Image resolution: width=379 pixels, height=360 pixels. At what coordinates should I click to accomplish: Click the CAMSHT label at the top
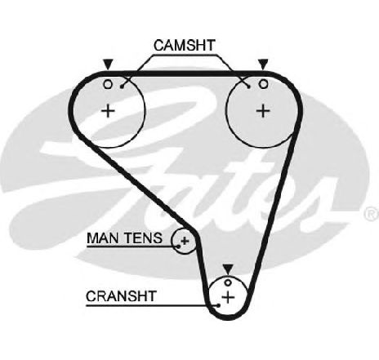tap(185, 46)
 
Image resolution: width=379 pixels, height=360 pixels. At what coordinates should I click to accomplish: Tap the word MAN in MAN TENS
tap(104, 238)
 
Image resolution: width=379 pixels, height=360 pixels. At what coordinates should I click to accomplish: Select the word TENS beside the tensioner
tap(143, 238)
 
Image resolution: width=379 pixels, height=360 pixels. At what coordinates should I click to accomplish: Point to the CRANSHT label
tap(121, 296)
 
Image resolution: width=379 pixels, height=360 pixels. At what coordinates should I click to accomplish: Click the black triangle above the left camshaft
tap(108, 64)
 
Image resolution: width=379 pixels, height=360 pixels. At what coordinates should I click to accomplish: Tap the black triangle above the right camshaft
tap(263, 64)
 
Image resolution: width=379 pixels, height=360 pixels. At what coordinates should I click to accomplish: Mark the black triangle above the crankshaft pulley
tap(228, 269)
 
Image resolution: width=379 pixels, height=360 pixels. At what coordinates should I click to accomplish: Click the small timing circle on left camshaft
tap(108, 84)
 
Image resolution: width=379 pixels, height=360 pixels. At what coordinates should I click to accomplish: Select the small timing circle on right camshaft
tap(263, 84)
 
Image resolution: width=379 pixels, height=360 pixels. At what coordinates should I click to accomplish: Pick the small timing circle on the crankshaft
tap(228, 282)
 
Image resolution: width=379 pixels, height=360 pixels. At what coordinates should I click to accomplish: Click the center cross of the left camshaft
tap(109, 111)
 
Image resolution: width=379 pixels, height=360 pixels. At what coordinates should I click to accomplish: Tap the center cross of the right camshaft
tap(263, 111)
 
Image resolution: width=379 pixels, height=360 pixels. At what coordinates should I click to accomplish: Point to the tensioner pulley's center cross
tap(185, 241)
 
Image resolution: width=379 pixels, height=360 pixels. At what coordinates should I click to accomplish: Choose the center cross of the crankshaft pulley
tap(228, 297)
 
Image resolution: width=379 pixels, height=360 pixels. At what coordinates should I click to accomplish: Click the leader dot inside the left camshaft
tap(122, 87)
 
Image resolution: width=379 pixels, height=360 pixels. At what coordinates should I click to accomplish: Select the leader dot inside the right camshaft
tap(248, 87)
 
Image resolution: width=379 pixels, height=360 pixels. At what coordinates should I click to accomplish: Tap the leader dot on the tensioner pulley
tap(179, 247)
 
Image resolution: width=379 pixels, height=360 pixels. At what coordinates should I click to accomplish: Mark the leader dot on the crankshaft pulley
tap(218, 305)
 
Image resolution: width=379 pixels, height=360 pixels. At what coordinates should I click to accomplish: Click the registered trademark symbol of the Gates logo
tap(372, 213)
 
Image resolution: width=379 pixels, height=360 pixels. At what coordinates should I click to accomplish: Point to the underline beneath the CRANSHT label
tap(152, 305)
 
